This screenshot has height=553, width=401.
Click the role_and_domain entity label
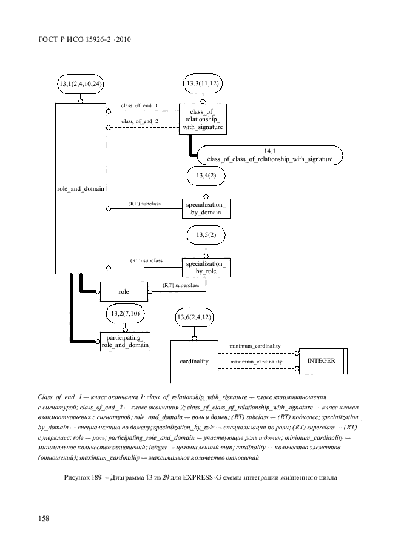(x=81, y=188)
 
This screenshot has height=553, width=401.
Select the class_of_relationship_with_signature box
(x=202, y=119)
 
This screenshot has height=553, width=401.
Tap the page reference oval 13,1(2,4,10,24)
(x=80, y=83)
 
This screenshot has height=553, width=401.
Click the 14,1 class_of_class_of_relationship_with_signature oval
(x=269, y=154)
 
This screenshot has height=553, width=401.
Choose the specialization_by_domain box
(x=206, y=208)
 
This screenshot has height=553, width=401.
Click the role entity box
(x=124, y=292)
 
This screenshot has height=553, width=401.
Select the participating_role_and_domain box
(x=125, y=340)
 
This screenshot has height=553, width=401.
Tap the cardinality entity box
(x=194, y=361)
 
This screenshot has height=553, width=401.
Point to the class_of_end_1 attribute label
(x=140, y=106)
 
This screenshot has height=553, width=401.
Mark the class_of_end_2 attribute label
(x=140, y=121)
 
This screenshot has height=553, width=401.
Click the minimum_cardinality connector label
(x=255, y=346)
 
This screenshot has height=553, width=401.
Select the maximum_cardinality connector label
(x=256, y=362)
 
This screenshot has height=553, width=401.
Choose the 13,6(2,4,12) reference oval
(x=194, y=317)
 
